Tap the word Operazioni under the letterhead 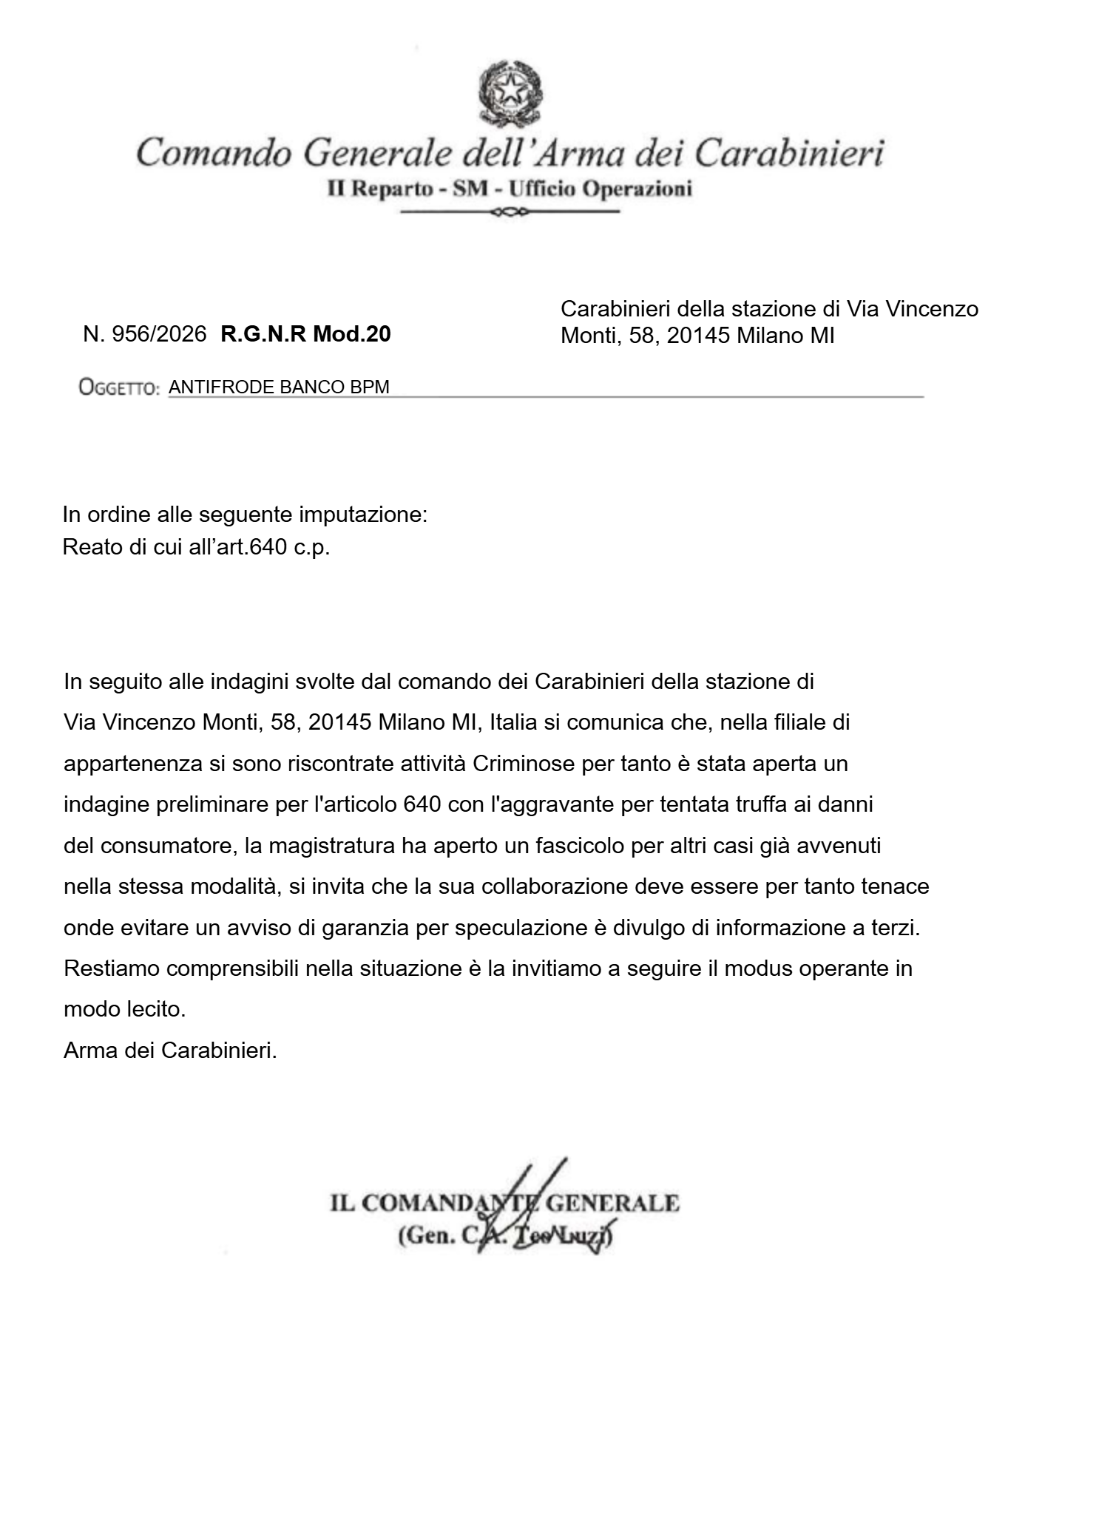point(637,189)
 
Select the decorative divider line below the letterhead point(510,213)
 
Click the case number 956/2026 point(158,335)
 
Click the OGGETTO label point(118,387)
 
